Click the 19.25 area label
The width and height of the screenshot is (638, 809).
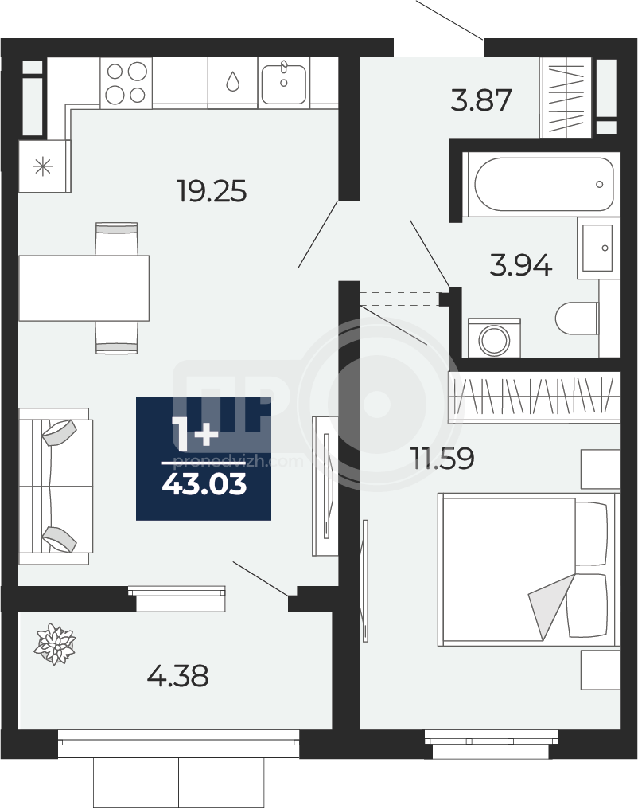[212, 190]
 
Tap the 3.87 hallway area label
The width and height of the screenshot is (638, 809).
[480, 100]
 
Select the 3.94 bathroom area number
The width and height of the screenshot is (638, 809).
[520, 266]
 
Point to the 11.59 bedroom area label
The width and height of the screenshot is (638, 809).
[442, 458]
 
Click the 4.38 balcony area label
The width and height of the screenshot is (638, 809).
[177, 675]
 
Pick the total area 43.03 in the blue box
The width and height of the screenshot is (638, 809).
[204, 485]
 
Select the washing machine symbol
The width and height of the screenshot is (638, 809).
[494, 338]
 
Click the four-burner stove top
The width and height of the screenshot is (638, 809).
[126, 83]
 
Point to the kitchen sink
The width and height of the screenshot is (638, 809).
[283, 83]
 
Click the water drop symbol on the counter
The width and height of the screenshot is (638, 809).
[233, 81]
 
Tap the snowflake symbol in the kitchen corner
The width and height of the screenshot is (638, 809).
[43, 166]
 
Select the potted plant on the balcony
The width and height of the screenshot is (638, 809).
[55, 644]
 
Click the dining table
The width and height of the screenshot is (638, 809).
[84, 288]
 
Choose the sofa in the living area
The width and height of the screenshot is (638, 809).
[56, 486]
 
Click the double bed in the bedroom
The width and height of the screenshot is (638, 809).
[527, 569]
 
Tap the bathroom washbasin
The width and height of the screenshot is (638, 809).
[597, 248]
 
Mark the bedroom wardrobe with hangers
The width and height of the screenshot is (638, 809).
[534, 397]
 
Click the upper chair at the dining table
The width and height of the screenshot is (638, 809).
[117, 239]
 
